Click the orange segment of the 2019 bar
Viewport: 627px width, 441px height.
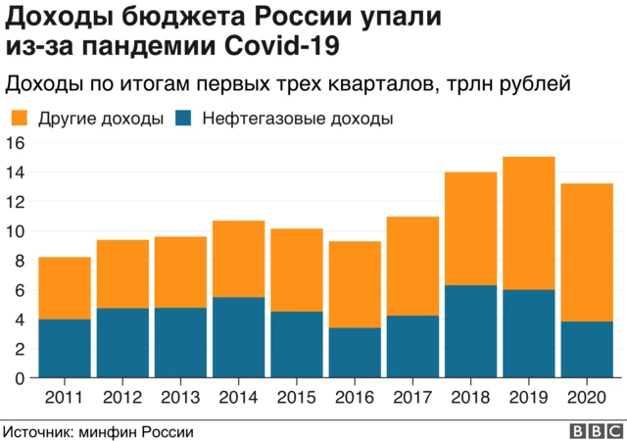pyautogui.click(x=528, y=223)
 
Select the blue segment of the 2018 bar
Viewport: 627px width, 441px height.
pyautogui.click(x=470, y=331)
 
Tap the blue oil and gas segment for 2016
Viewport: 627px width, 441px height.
pyautogui.click(x=354, y=353)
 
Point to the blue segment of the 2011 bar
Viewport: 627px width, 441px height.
pyautogui.click(x=65, y=348)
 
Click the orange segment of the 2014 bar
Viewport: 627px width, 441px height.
pyautogui.click(x=238, y=259)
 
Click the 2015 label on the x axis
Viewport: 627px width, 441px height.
pyautogui.click(x=296, y=397)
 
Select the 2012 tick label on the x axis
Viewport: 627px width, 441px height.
pyautogui.click(x=122, y=397)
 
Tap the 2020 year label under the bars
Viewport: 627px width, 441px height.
pyautogui.click(x=586, y=397)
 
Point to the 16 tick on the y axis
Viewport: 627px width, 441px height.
pyautogui.click(x=15, y=143)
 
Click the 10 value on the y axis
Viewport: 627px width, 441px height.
pyautogui.click(x=15, y=231)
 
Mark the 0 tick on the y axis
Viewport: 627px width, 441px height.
pyautogui.click(x=20, y=378)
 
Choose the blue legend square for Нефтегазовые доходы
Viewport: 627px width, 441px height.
pyautogui.click(x=183, y=120)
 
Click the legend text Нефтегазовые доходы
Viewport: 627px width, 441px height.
pyautogui.click(x=298, y=120)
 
